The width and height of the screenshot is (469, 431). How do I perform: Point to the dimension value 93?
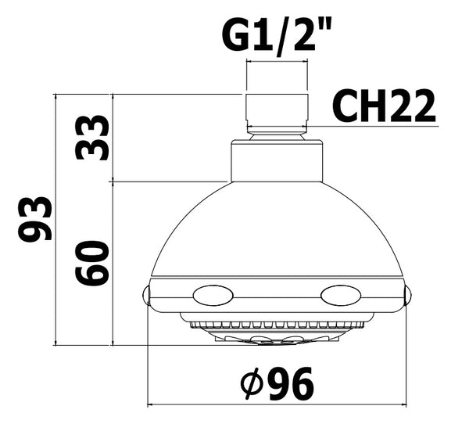[36, 218]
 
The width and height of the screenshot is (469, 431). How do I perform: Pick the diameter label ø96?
[277, 383]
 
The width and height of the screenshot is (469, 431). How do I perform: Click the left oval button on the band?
[213, 295]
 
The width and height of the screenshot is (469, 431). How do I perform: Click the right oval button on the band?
[341, 295]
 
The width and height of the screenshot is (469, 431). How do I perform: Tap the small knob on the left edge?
[145, 295]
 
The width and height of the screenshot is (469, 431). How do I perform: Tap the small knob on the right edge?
[406, 295]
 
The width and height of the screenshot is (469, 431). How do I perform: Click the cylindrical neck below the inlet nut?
[277, 160]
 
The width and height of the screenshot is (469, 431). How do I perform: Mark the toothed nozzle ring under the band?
[277, 323]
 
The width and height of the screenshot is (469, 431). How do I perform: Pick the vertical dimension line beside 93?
[55, 219]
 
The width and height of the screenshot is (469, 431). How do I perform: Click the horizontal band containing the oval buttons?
[277, 295]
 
